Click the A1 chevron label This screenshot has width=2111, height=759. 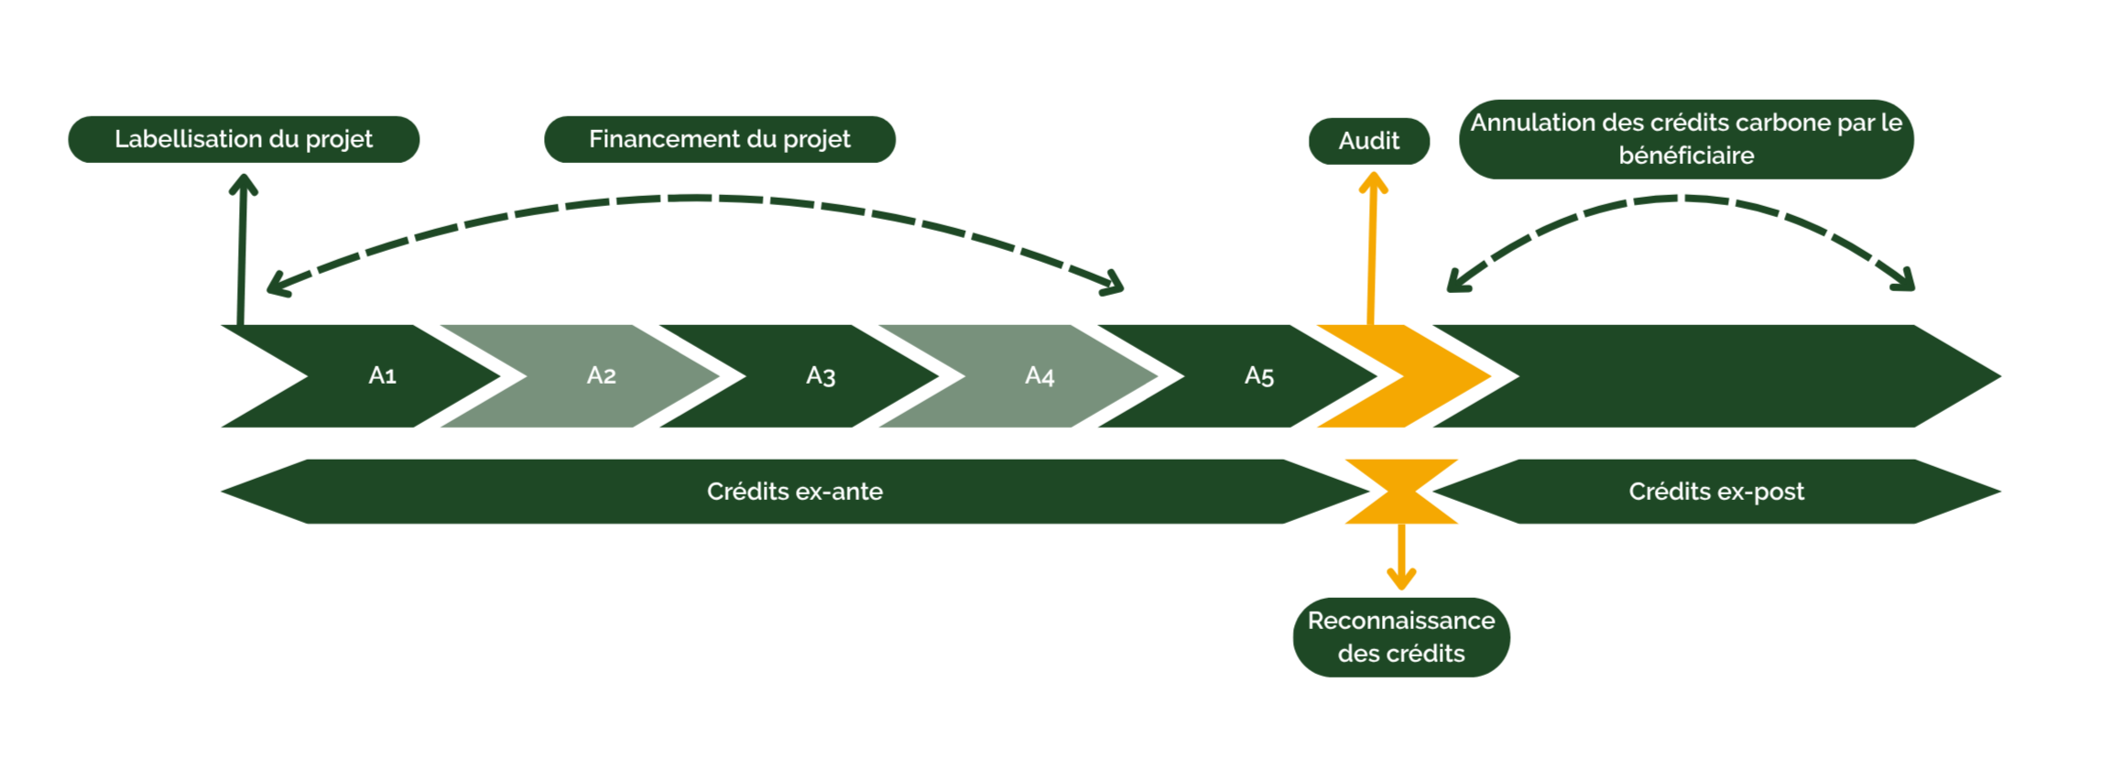[382, 375]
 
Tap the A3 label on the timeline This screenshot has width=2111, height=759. [821, 375]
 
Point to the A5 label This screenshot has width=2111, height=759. [1259, 375]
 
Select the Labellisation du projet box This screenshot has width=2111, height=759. [244, 139]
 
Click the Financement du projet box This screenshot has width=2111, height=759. [720, 139]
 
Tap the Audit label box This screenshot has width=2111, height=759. [1369, 141]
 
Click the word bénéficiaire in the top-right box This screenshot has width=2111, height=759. [1686, 156]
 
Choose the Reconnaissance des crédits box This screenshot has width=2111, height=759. [1401, 637]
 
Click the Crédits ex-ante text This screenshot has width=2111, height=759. [795, 492]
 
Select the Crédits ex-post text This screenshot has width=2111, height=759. [1716, 492]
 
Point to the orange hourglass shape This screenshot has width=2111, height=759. [1401, 492]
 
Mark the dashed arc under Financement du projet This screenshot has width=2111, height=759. [696, 198]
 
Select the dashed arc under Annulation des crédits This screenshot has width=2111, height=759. [1681, 199]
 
